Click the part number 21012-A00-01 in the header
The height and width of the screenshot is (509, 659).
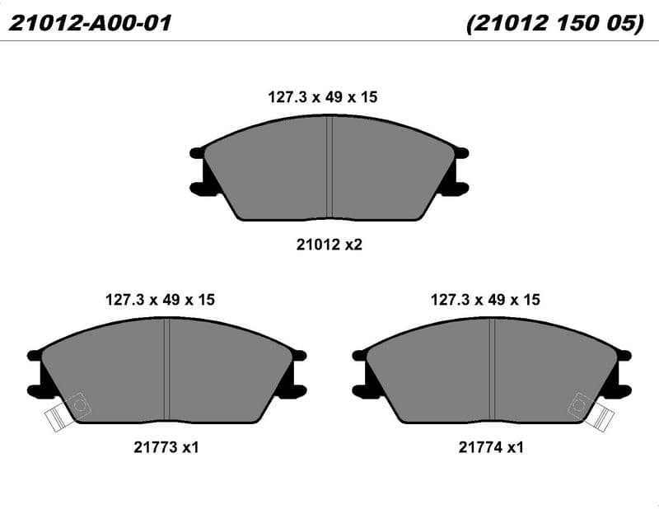pyautogui.click(x=90, y=23)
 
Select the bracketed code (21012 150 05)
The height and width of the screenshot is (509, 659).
pyautogui.click(x=554, y=23)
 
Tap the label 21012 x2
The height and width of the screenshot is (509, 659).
pyautogui.click(x=329, y=244)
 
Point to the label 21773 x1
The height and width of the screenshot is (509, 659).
pyautogui.click(x=166, y=447)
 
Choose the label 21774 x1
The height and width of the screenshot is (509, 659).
pyautogui.click(x=491, y=447)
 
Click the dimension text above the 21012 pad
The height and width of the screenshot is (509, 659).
pyautogui.click(x=323, y=97)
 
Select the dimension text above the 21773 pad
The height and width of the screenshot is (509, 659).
pyautogui.click(x=160, y=300)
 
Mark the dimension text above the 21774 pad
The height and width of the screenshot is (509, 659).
pyautogui.click(x=485, y=300)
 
